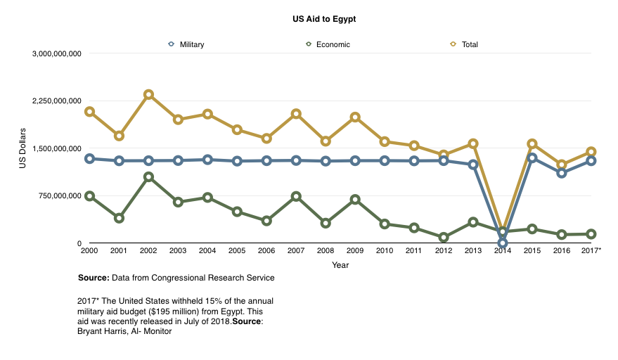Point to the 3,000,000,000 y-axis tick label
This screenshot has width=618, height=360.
coord(57,53)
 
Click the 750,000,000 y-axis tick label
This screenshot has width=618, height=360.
coord(62,196)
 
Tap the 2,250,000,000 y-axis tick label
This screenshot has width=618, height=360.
coord(57,101)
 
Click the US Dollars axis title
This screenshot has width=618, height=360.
coord(22,148)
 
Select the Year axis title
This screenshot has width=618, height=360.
coord(340,265)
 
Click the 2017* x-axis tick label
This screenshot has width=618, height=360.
coord(591,250)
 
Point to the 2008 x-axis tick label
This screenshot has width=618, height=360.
coord(326,250)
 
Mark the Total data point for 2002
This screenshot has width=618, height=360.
coord(149,94)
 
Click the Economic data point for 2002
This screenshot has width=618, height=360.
coord(149,177)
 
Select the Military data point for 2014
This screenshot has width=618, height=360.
coord(503,243)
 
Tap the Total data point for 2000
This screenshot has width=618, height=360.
coord(89,112)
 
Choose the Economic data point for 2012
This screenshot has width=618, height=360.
coord(444,238)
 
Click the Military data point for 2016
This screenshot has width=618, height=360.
coord(561,173)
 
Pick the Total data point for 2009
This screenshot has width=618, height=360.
coord(355,117)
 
